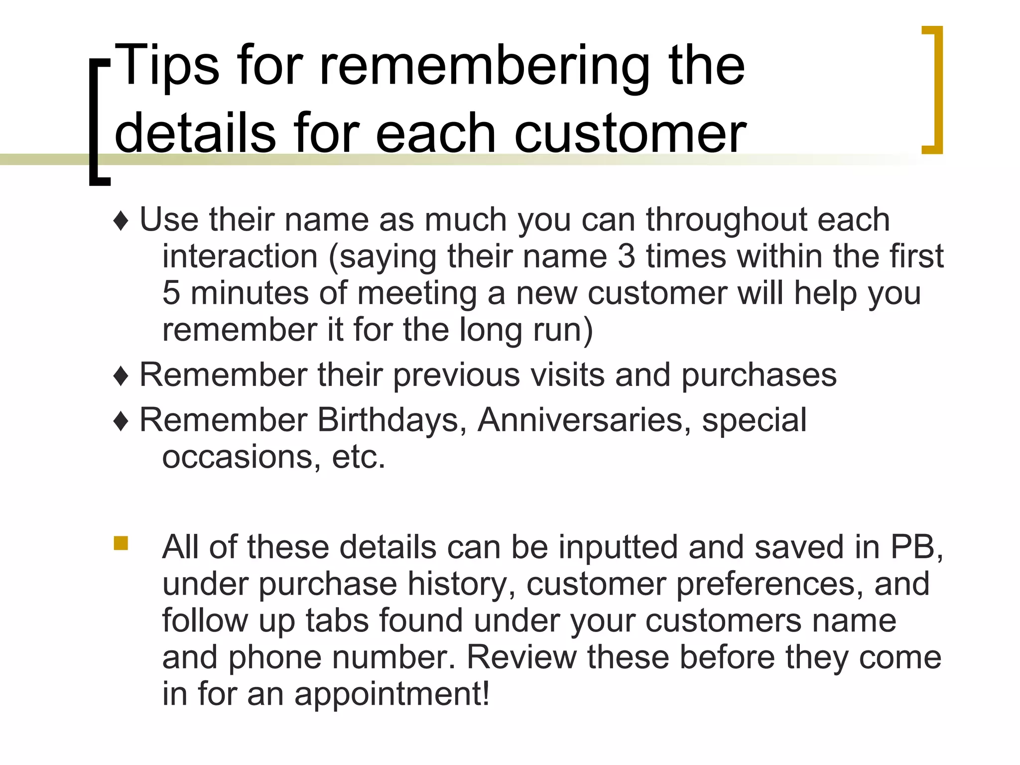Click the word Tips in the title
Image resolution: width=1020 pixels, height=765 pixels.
[x=168, y=65]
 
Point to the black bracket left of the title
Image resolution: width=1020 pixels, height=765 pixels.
[x=98, y=122]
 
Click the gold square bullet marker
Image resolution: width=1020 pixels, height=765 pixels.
[x=121, y=543]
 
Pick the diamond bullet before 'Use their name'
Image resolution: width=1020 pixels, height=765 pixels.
[x=121, y=221]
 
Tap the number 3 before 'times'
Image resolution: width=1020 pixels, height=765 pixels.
[x=626, y=256]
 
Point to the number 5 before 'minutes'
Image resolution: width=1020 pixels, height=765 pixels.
[x=171, y=293]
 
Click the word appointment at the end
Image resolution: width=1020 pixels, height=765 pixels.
[x=391, y=694]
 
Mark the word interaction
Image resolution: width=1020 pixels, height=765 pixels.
[x=240, y=256]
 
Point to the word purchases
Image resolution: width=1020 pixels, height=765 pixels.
[x=759, y=375]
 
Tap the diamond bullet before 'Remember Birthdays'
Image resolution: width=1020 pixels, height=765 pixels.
[x=121, y=421]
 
